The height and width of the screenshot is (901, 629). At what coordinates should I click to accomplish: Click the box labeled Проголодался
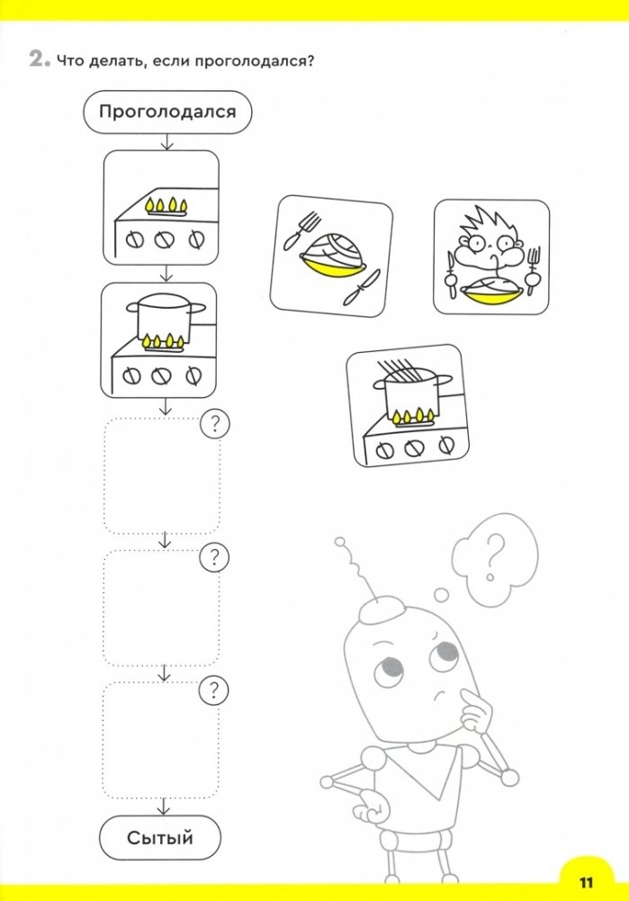tap(167, 112)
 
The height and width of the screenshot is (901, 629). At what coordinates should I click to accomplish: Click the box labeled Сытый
tap(159, 838)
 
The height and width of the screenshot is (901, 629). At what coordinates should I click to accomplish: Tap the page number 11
tap(586, 882)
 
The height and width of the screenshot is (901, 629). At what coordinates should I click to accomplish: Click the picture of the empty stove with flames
tap(161, 208)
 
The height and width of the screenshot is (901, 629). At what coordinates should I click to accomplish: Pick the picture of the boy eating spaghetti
tap(491, 257)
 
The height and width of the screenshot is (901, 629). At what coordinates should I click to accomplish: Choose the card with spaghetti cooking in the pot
tap(408, 406)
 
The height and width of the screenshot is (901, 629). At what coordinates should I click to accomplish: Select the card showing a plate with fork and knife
tap(331, 256)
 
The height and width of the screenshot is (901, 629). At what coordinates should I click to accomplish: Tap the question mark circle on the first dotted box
tap(215, 424)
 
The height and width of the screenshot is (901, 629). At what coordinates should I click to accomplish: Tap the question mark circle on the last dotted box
tap(213, 689)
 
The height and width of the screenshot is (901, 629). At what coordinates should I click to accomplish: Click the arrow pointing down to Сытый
tap(165, 806)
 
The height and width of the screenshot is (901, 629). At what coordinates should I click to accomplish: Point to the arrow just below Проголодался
tap(167, 142)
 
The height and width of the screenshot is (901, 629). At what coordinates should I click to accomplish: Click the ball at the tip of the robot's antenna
tap(340, 541)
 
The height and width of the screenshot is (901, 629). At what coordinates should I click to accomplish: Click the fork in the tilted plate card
tap(301, 230)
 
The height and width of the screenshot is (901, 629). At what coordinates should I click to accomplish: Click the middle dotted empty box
tap(161, 608)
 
